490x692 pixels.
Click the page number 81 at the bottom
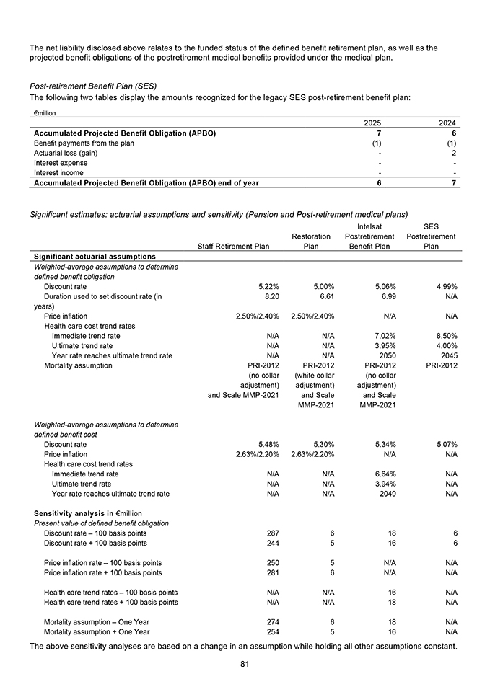(245, 664)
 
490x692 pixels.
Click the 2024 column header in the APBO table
(448, 123)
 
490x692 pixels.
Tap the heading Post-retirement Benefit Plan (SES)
(92, 86)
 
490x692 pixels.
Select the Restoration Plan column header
(311, 241)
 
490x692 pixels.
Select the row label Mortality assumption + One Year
(97, 632)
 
